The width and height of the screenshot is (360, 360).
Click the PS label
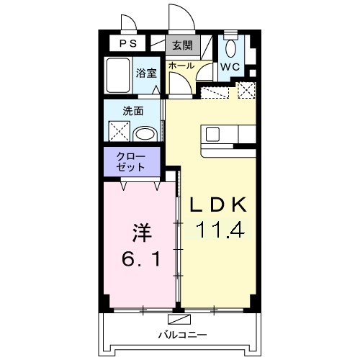[127, 43]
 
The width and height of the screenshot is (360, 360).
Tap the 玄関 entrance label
[182, 45]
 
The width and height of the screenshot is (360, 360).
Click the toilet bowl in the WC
[230, 49]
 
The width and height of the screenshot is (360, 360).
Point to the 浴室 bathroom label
[147, 71]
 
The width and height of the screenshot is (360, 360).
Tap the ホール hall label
[181, 66]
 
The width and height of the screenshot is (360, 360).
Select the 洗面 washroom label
[133, 111]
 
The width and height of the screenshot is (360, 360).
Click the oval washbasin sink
[145, 134]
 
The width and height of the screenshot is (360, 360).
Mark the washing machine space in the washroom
[117, 132]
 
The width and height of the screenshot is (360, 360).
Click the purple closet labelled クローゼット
[130, 161]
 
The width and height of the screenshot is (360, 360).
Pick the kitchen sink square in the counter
[215, 134]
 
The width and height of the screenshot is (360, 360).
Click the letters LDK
[217, 205]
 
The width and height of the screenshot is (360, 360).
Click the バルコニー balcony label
[183, 335]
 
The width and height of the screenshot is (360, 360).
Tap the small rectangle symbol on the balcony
[176, 319]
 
